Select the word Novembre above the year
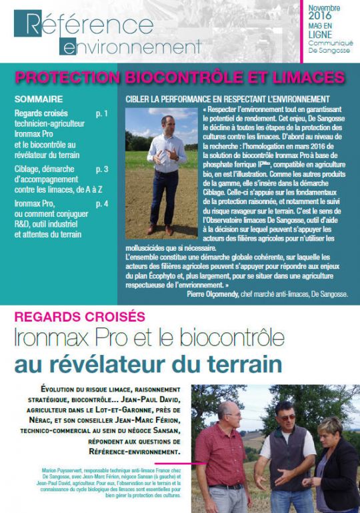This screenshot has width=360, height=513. pyautogui.click(x=325, y=7)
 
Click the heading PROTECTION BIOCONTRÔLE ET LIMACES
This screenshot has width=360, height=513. pyautogui.click(x=179, y=77)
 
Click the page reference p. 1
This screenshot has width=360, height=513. pyautogui.click(x=101, y=113)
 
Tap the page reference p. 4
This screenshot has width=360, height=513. pyautogui.click(x=101, y=203)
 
